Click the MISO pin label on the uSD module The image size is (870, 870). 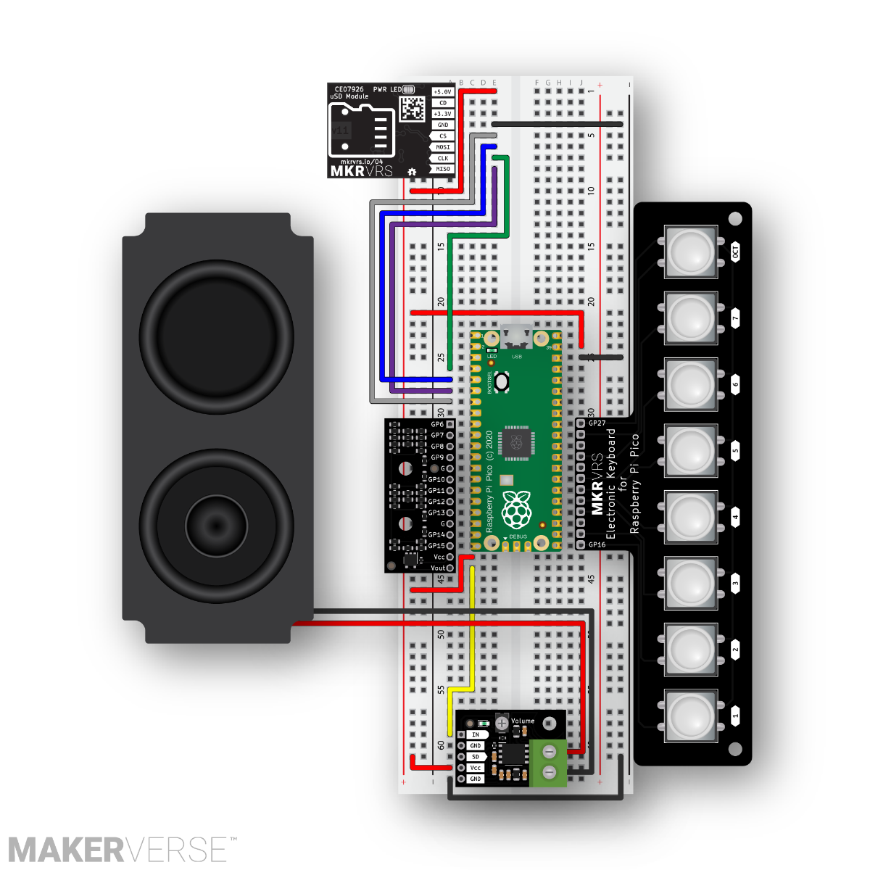442,169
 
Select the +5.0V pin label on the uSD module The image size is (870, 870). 442,92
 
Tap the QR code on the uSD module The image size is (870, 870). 413,109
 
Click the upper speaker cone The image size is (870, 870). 216,337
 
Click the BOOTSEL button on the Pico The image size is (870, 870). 502,381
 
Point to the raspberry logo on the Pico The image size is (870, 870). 515,509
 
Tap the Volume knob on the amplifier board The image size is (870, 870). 502,724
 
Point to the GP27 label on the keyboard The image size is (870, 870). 597,423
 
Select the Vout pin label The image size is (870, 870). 438,568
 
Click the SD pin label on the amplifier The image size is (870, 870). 476,757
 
